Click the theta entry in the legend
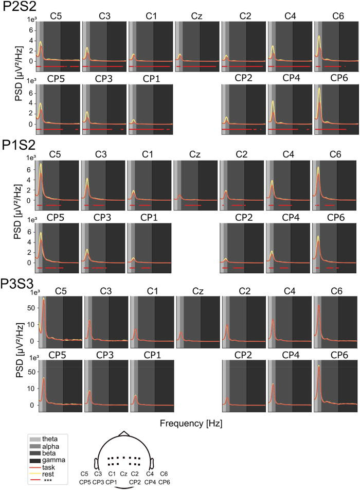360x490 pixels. pos(50,438)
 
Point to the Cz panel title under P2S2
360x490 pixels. pos(195,16)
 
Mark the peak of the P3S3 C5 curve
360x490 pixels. pos(44,298)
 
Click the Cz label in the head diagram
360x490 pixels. pos(123,474)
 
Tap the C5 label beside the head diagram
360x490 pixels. pos(85,474)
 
